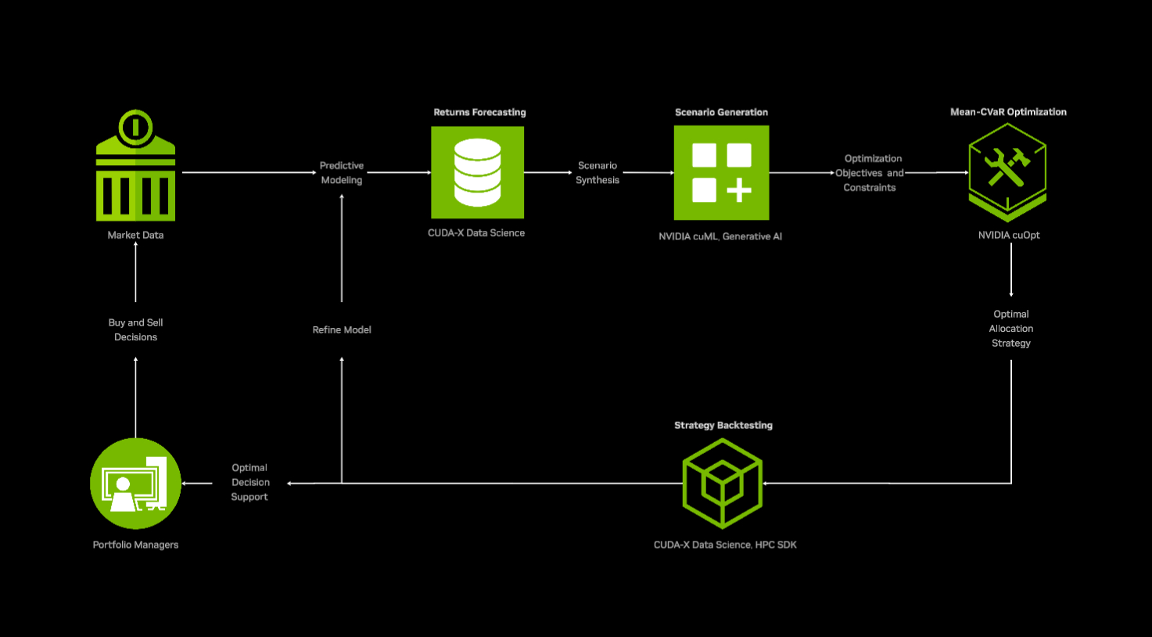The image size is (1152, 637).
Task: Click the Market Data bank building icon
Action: tap(135, 166)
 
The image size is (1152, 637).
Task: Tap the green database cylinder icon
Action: tap(477, 172)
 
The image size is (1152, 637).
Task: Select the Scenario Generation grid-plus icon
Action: tap(721, 172)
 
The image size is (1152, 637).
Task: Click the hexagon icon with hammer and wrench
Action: tap(1007, 171)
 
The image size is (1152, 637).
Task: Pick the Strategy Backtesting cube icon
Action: tap(722, 483)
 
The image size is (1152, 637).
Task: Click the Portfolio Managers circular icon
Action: tap(135, 484)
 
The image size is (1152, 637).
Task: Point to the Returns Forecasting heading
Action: tap(479, 112)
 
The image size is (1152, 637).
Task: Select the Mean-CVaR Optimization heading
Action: tap(1008, 112)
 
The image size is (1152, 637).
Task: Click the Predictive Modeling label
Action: tap(342, 173)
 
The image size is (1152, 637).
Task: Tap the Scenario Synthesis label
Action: tap(598, 173)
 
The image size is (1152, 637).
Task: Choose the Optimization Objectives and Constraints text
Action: tap(870, 173)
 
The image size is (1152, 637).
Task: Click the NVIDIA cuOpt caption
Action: tap(1009, 235)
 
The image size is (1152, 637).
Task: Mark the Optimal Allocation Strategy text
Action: tap(1011, 329)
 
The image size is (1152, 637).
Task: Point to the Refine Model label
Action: tap(342, 329)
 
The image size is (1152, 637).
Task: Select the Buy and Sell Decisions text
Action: tap(135, 329)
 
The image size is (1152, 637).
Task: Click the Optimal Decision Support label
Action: tap(250, 482)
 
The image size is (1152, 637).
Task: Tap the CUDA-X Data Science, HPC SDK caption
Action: tap(725, 545)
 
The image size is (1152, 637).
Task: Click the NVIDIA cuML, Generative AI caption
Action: tap(720, 236)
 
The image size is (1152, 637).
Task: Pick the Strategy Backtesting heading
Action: tap(723, 425)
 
